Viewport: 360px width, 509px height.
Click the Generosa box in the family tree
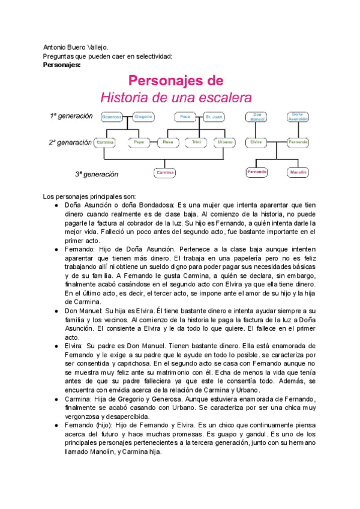click(x=112, y=116)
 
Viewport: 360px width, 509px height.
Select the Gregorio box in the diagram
click(x=143, y=116)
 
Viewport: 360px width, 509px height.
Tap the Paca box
click(x=185, y=116)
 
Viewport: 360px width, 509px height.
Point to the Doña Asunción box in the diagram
click(x=296, y=116)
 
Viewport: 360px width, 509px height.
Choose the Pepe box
click(x=140, y=143)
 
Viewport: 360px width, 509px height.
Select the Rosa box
click(x=168, y=143)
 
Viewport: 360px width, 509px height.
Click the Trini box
click(x=196, y=143)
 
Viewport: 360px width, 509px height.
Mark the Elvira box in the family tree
click(x=256, y=143)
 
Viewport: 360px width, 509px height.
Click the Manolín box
click(x=298, y=172)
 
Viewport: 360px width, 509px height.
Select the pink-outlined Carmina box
click(x=164, y=173)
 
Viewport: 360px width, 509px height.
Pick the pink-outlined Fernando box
click(x=256, y=172)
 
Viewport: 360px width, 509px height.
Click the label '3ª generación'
click(x=97, y=174)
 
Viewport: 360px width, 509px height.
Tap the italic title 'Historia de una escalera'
click(x=176, y=97)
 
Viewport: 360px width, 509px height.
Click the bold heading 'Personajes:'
click(x=62, y=65)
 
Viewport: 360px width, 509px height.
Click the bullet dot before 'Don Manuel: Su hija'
click(x=56, y=312)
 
